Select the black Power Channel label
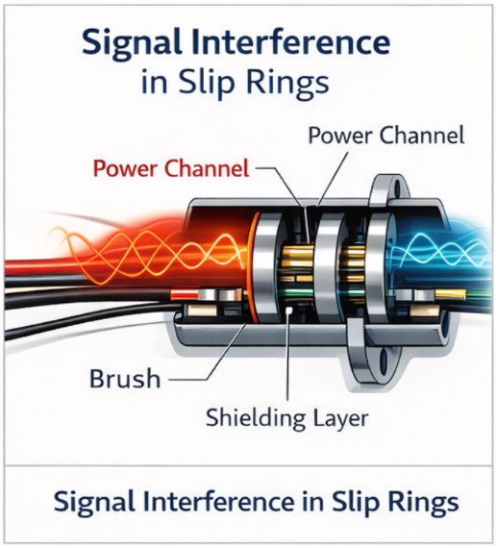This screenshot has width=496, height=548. [385, 135]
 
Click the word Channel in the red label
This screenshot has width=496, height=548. [208, 170]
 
